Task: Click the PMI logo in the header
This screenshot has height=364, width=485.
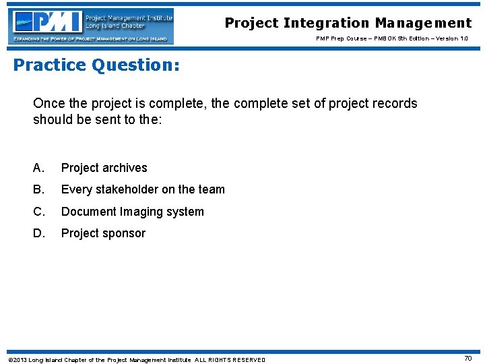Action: (91, 26)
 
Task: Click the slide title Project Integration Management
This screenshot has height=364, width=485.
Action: (348, 23)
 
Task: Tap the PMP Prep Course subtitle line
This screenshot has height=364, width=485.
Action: (392, 38)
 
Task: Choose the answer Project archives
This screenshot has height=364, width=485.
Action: (104, 168)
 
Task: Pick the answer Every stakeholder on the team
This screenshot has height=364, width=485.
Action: (143, 189)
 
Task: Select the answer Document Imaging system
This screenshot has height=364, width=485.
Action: (132, 212)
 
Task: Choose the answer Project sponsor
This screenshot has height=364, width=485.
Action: (103, 233)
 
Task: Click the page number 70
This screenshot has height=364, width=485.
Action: (467, 359)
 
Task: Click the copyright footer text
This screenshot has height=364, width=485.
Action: (136, 359)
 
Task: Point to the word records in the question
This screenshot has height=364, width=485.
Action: (395, 104)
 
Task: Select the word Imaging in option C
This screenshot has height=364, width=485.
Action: (142, 212)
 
